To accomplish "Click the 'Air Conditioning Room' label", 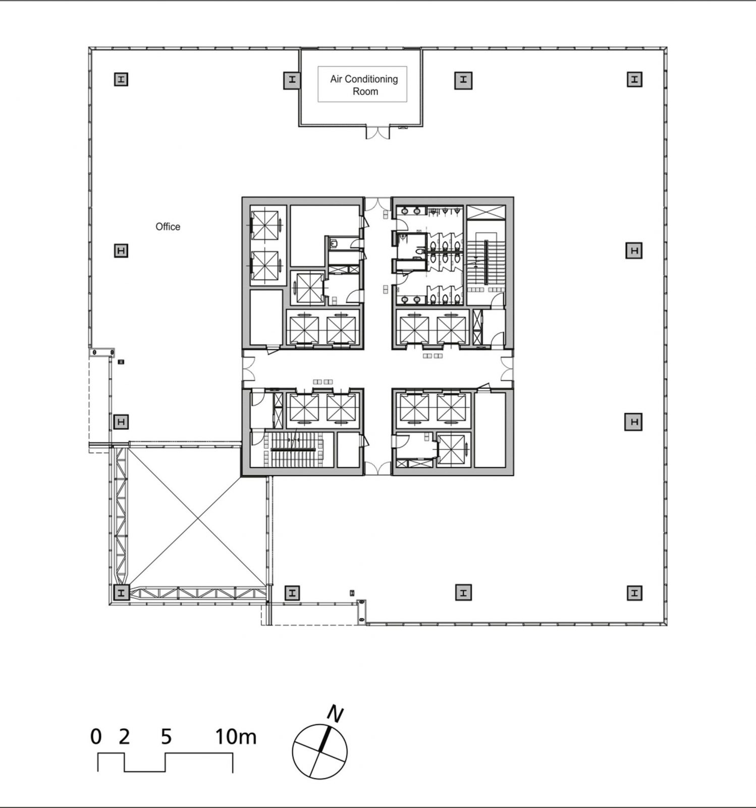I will (363, 85).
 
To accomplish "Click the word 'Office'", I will (168, 227).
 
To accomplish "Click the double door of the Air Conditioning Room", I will (378, 132).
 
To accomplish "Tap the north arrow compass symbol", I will (319, 751).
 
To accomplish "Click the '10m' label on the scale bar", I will (236, 737).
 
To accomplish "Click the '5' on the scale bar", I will (167, 737).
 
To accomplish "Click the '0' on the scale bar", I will (96, 737).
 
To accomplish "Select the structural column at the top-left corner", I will (121, 79).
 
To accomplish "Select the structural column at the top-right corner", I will (634, 79).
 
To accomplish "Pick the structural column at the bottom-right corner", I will (634, 592).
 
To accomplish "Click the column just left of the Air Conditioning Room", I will (292, 80).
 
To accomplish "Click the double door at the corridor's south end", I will (377, 468).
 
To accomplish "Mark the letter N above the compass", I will (335, 714).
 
